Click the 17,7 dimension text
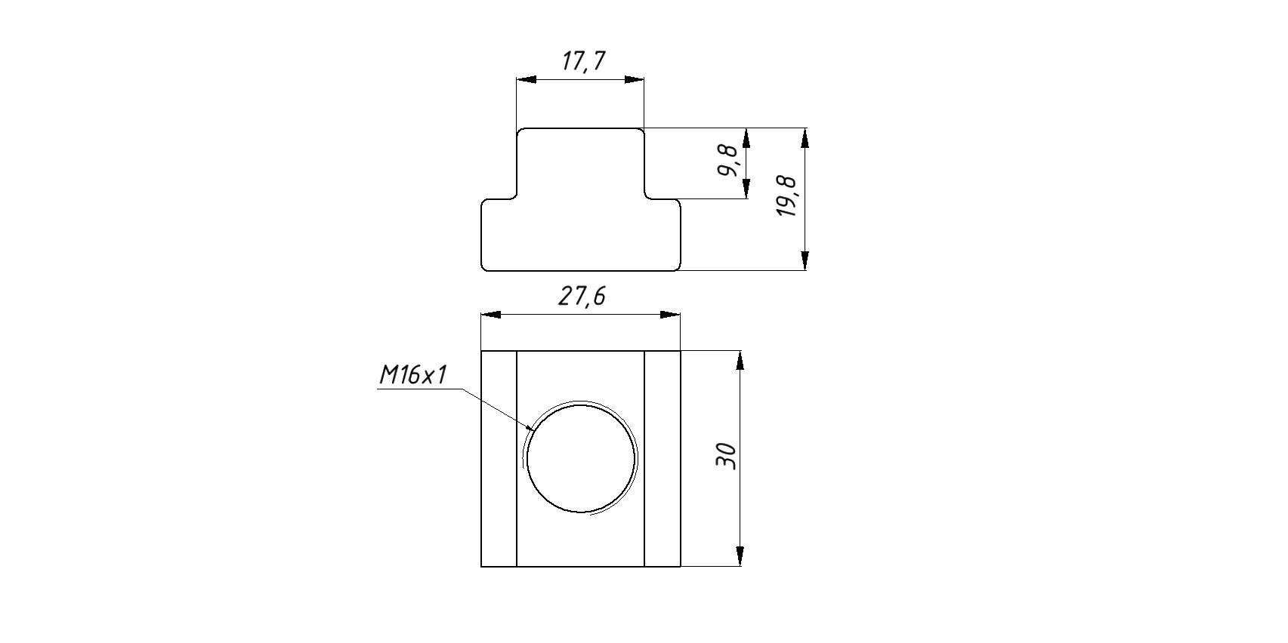point(583,61)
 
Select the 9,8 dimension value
point(727,160)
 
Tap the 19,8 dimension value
point(786,196)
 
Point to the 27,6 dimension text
point(582,297)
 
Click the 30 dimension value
point(726,457)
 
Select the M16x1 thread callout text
point(413,375)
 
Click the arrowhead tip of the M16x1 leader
point(534,430)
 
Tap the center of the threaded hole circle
point(581,458)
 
